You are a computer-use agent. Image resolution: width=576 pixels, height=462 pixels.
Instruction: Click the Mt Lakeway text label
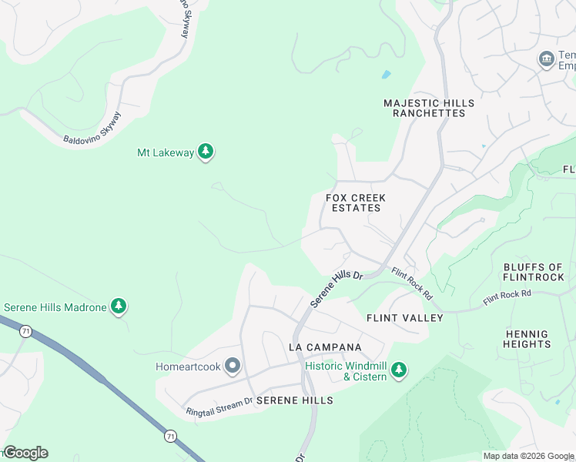coord(165,152)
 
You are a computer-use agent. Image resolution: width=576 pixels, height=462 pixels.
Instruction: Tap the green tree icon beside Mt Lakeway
coord(206,152)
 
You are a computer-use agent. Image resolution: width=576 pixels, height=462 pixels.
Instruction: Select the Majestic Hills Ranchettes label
coord(429,108)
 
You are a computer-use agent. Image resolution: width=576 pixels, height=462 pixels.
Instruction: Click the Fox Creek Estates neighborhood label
coord(356,203)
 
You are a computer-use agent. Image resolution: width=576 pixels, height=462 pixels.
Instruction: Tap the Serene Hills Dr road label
coord(337,289)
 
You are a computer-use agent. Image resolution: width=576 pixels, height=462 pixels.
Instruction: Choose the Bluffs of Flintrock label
coord(533,273)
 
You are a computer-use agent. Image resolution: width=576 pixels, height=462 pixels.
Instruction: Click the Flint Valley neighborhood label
coord(404,318)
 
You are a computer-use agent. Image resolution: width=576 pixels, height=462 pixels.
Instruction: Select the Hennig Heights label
coord(527,340)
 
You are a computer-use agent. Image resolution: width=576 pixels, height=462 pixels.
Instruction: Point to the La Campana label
coord(325,347)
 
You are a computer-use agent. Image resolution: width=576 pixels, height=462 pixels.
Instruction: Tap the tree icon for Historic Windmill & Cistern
coord(398,371)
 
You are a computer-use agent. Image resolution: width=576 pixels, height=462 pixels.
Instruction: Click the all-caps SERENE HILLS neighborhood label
coord(295,400)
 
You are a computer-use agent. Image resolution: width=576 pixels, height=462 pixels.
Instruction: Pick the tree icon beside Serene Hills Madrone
coord(119,307)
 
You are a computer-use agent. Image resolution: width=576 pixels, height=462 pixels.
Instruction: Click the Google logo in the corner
coord(25,453)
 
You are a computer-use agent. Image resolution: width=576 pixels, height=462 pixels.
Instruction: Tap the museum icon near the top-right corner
coord(547,59)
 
